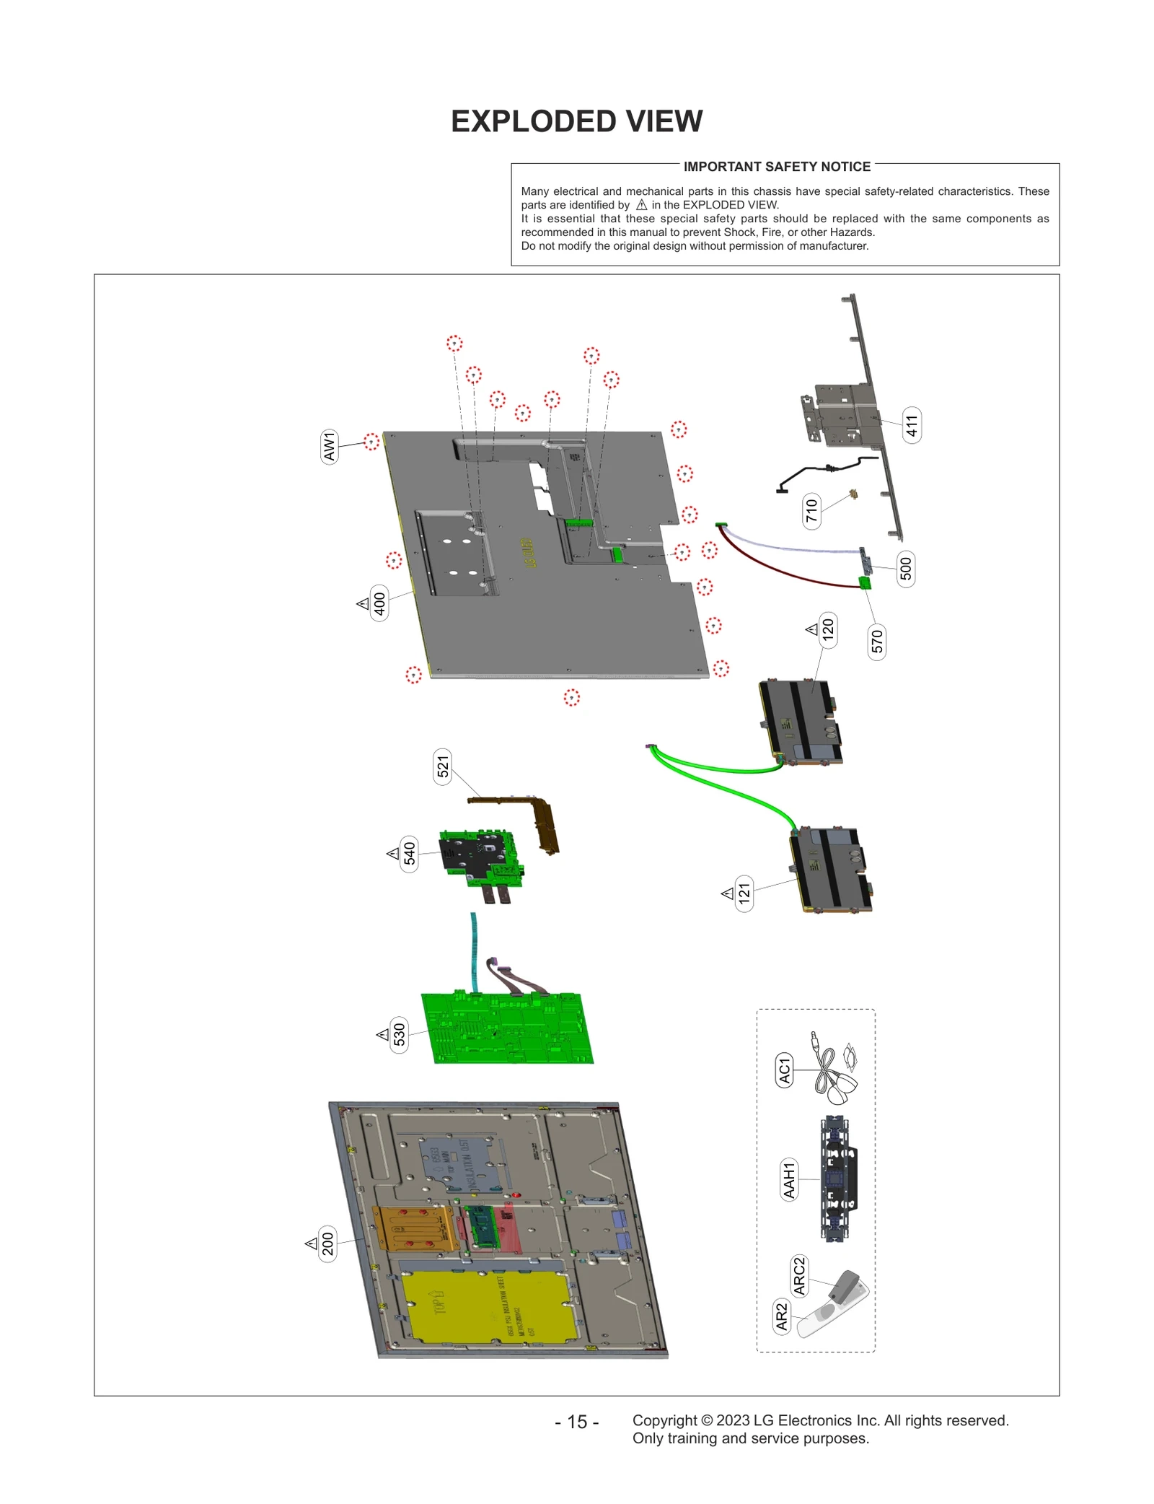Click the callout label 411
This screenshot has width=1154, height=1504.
(911, 425)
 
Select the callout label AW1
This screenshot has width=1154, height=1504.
(329, 447)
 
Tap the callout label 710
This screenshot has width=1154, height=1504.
(811, 510)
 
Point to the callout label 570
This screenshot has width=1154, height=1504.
(876, 641)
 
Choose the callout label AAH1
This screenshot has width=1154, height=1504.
(789, 1179)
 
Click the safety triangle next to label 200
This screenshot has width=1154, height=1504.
(312, 1243)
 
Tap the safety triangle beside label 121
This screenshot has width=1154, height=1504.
(728, 893)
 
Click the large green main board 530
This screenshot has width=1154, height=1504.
(508, 1029)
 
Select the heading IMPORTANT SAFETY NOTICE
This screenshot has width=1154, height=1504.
(777, 167)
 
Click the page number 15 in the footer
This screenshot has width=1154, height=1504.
(576, 1422)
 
